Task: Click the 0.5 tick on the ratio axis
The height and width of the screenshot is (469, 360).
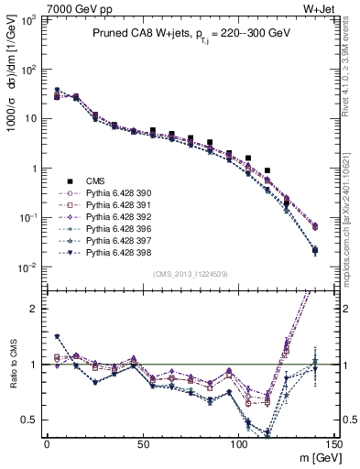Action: point(32,420)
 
